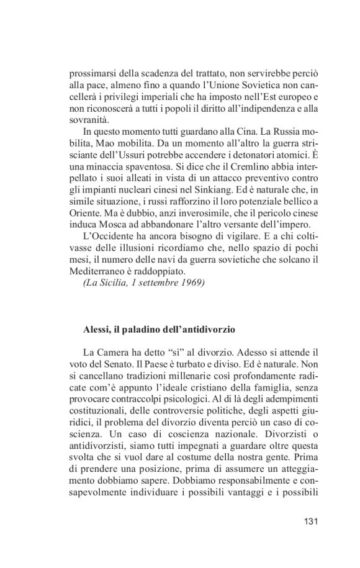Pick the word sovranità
pos(89,120)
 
